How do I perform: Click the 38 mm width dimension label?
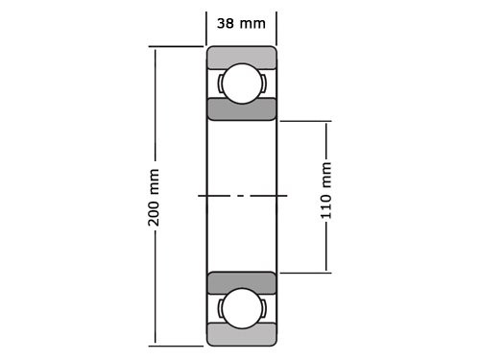pos(241,24)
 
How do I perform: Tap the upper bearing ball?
pos(241,84)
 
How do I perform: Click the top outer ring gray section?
pos(241,57)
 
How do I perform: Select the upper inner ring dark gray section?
pos(241,108)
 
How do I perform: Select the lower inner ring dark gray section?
pos(241,283)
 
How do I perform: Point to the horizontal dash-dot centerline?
pos(241,196)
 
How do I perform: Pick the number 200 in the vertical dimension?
pos(154,212)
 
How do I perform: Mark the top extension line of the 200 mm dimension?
pos(178,46)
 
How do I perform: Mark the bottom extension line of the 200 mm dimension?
pos(178,345)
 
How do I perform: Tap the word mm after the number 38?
pos(252,24)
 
